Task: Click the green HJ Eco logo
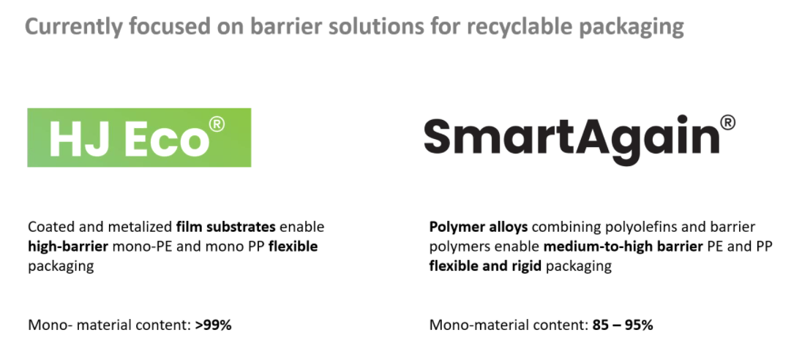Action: coord(139,138)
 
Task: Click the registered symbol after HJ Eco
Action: coord(217,124)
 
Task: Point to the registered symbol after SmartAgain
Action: coord(727,123)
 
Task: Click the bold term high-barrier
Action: coord(68,247)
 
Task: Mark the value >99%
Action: coord(214,325)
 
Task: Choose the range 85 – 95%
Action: coord(623,325)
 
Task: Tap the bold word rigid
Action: coord(528,266)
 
